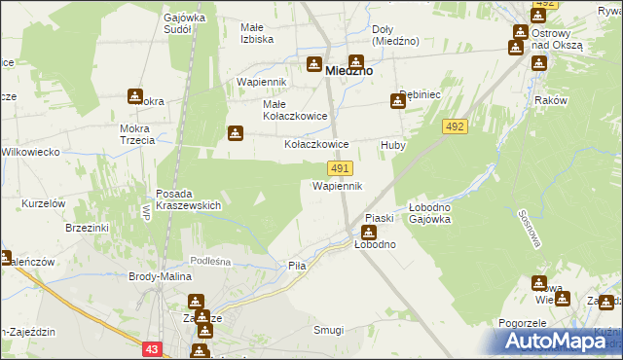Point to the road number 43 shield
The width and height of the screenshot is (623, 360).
click(151, 348)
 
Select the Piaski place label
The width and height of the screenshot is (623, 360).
click(378, 217)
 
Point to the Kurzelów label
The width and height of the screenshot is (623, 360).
click(43, 202)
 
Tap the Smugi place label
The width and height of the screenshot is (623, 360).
click(327, 330)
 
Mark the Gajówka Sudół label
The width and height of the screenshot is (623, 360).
click(191, 23)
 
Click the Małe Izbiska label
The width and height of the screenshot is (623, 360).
click(257, 33)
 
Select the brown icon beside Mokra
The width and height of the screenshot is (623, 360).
click(134, 96)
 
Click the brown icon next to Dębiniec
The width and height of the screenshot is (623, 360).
click(398, 98)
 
